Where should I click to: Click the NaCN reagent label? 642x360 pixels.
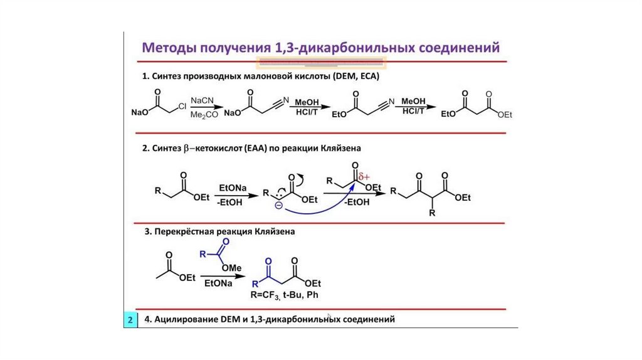tap(202, 100)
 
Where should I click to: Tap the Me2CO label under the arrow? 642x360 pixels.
tap(202, 115)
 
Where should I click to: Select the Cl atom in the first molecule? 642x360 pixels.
tap(182, 107)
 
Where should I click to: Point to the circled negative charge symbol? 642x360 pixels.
tap(278, 204)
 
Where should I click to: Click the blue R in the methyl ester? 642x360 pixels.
tap(203, 254)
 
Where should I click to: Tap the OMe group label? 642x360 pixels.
tap(232, 267)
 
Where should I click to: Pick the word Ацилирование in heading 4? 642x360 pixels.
tap(182, 320)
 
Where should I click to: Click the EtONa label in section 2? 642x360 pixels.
tap(233, 188)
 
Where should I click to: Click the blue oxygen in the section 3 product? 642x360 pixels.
tap(268, 260)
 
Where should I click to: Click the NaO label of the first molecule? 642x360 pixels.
tap(139, 113)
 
